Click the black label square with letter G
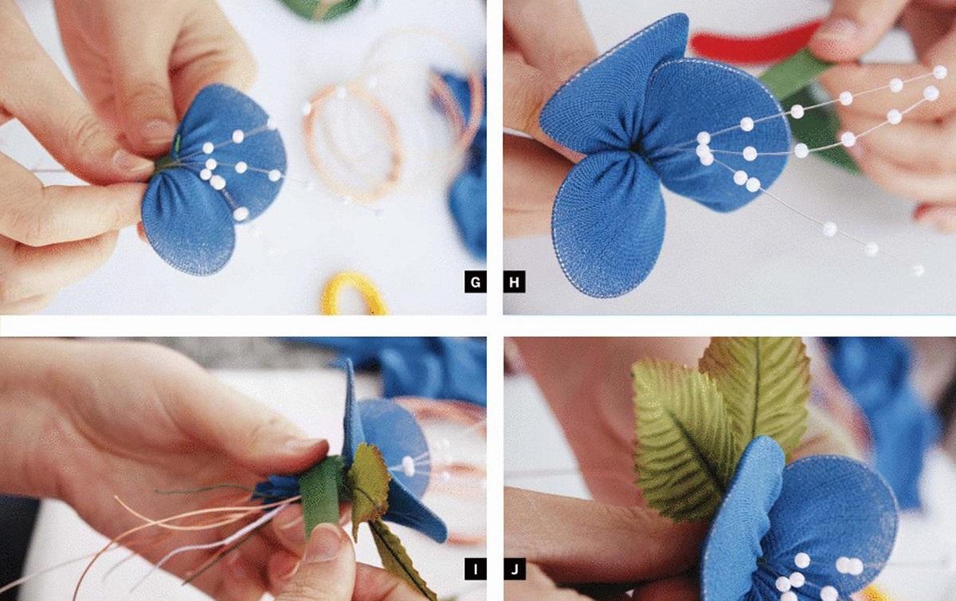tap(476, 282)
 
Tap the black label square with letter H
tap(515, 282)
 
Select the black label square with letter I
tap(476, 569)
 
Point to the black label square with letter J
tap(515, 569)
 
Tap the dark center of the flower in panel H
tap(636, 148)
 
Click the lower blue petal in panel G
tap(188, 222)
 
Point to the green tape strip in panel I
tap(320, 496)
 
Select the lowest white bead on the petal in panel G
tap(241, 214)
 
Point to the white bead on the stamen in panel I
tap(409, 466)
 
